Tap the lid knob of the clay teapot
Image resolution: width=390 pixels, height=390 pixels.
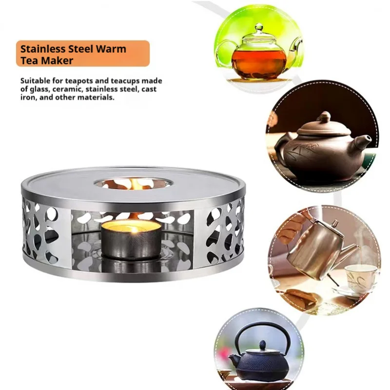click(324, 117)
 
